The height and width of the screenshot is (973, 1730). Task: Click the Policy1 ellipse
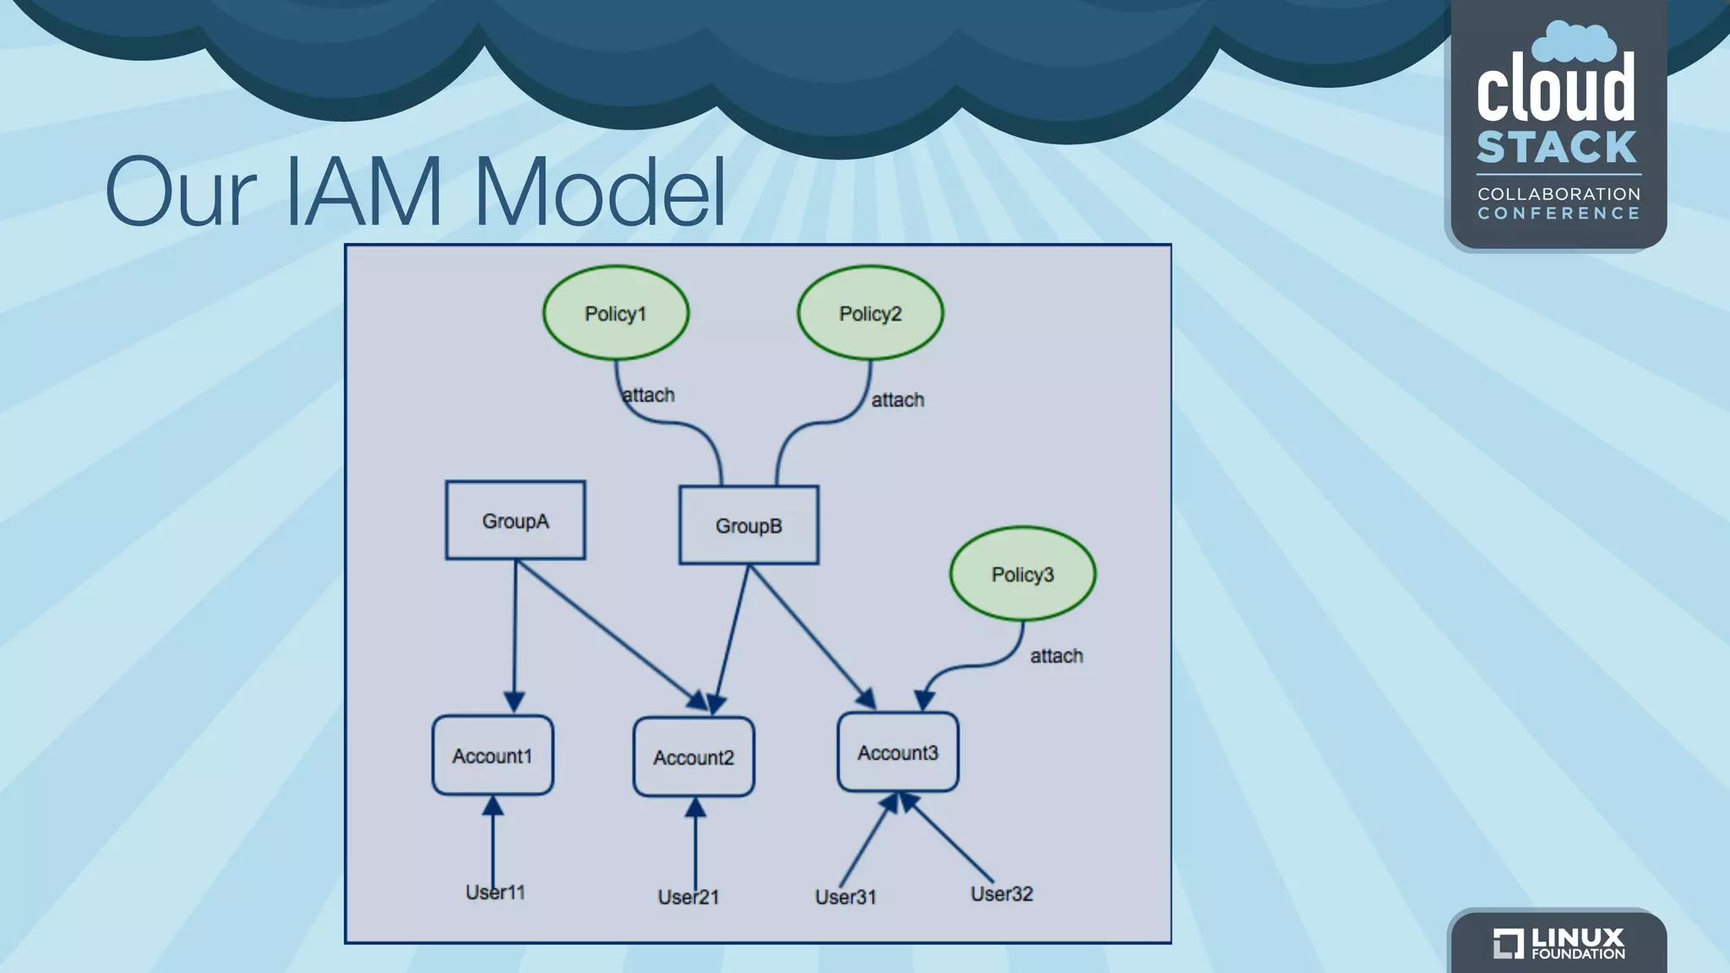click(616, 313)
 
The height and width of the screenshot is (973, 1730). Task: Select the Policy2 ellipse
click(870, 313)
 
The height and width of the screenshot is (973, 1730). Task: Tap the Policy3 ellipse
click(1022, 574)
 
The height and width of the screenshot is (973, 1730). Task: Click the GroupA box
click(515, 520)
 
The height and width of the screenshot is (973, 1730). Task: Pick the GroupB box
click(748, 525)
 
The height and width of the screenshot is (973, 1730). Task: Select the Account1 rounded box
click(492, 755)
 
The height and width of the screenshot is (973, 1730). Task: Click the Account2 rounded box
click(694, 757)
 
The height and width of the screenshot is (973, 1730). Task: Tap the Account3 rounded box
click(898, 753)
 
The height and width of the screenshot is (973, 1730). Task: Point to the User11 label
click(496, 893)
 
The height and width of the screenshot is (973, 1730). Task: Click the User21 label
click(688, 897)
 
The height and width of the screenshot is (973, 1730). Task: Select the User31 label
click(846, 897)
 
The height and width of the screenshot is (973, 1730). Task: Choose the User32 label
click(1002, 894)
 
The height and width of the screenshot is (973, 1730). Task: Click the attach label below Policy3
click(1056, 655)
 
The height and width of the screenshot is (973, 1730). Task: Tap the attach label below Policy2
click(897, 400)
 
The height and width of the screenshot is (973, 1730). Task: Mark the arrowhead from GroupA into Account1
click(514, 702)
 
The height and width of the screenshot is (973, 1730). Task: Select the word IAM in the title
click(364, 193)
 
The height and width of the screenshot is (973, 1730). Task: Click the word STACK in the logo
click(1557, 148)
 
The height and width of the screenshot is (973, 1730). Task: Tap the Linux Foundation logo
click(1559, 943)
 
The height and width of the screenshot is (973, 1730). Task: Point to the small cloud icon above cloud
click(1573, 42)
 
